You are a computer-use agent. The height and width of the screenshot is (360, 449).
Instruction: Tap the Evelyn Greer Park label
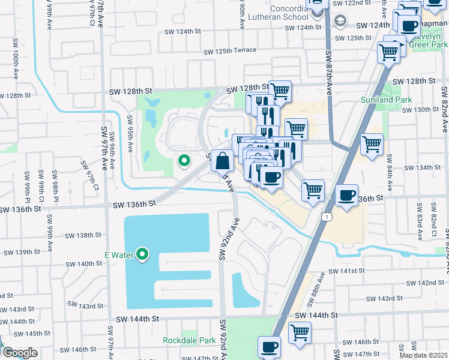tap(427, 40)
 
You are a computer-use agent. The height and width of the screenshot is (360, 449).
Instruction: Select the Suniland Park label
tap(383, 99)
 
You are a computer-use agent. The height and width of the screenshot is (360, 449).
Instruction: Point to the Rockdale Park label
tap(189, 340)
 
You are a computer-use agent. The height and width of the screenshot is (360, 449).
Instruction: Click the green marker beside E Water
tap(142, 255)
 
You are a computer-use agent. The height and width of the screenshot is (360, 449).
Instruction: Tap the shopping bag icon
tap(222, 161)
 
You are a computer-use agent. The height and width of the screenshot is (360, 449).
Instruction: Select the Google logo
tap(19, 353)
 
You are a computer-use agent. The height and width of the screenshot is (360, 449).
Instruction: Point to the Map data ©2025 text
tap(423, 355)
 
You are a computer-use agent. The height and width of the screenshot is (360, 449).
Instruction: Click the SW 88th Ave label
tap(318, 289)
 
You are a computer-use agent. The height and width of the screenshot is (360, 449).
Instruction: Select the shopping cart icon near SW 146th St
tap(300, 332)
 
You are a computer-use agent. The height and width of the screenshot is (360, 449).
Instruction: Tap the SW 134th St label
tap(424, 167)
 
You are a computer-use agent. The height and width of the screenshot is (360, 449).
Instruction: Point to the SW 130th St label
tap(421, 109)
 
